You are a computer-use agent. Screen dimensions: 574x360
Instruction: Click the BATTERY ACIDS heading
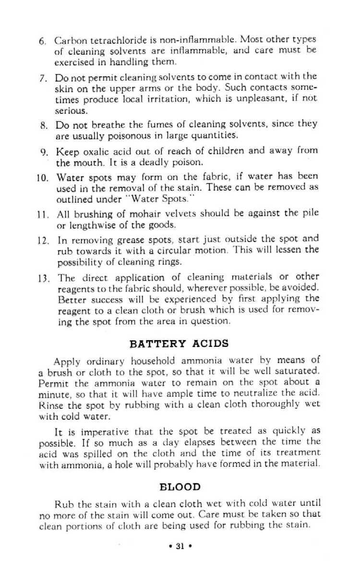[x=179, y=343]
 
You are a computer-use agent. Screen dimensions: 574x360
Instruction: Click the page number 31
[x=180, y=546]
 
